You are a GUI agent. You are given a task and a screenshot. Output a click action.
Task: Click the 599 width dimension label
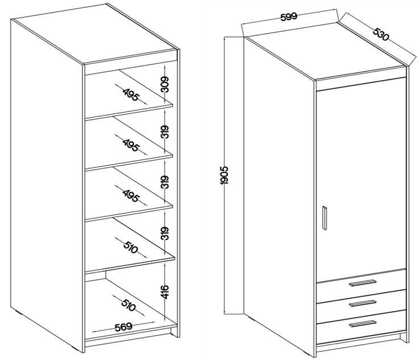[x=289, y=16]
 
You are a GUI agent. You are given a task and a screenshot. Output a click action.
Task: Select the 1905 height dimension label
[x=224, y=175]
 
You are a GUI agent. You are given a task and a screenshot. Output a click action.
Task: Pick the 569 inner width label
[x=123, y=327]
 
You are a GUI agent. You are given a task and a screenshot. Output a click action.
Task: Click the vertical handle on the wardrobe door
[x=324, y=218]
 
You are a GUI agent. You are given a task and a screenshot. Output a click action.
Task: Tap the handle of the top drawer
[x=363, y=283]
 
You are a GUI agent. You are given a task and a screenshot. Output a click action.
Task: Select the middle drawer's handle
[x=363, y=303]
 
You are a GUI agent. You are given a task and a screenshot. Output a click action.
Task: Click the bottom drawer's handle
[x=363, y=324]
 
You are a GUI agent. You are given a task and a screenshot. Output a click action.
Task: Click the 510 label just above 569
[x=129, y=305]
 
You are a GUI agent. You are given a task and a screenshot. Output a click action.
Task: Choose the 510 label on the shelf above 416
[x=131, y=248]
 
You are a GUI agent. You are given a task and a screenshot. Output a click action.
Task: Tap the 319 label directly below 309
[x=166, y=132]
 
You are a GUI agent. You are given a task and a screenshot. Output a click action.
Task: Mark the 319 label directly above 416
[x=166, y=233]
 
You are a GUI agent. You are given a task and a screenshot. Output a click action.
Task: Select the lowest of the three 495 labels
[x=131, y=196]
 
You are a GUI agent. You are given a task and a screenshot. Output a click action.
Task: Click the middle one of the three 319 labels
[x=166, y=183]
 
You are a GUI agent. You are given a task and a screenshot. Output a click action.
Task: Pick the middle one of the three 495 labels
[x=131, y=145]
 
